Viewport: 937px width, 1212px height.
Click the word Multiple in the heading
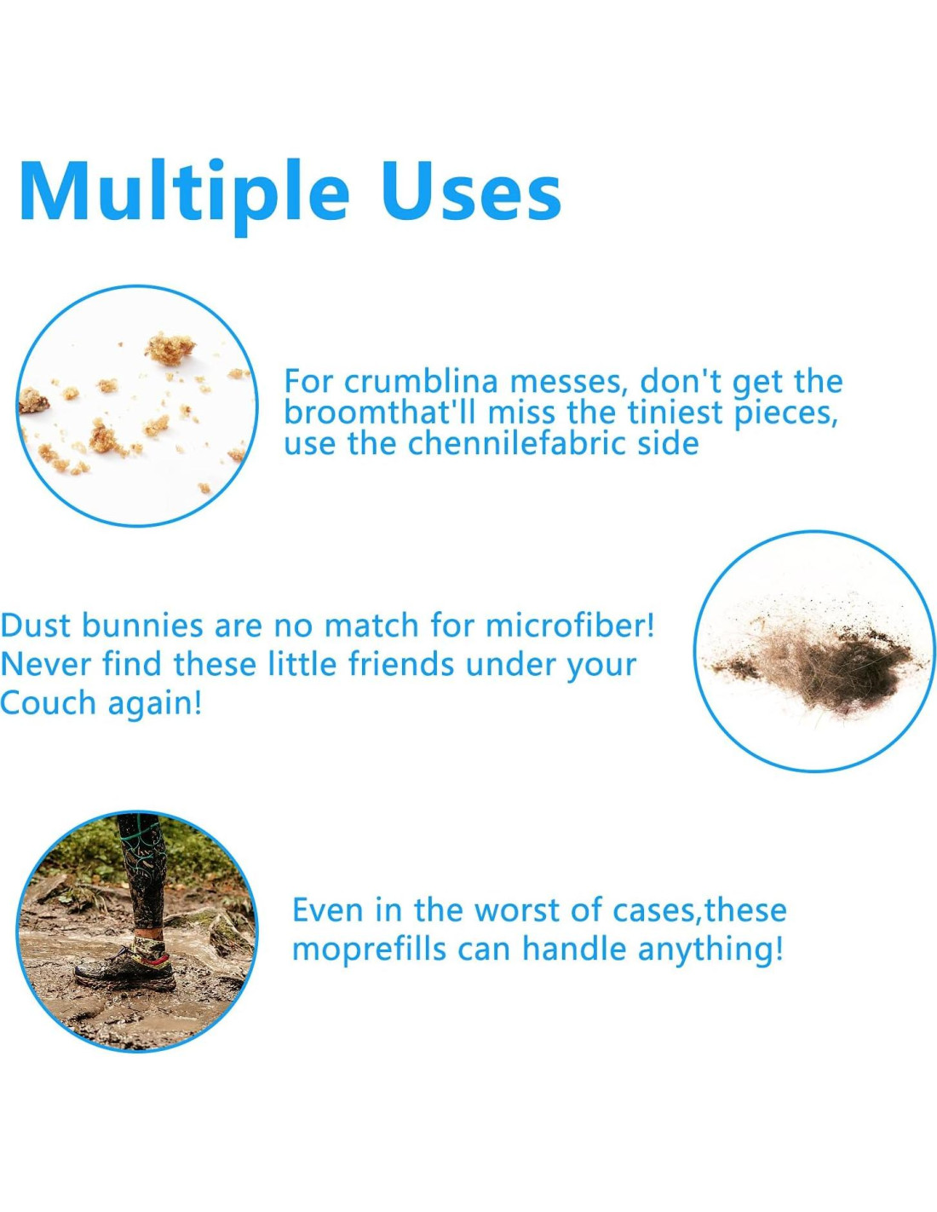point(185,193)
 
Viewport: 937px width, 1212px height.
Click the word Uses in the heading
point(472,193)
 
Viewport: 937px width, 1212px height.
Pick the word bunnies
point(143,626)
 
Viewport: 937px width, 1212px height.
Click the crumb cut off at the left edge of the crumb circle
point(32,401)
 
